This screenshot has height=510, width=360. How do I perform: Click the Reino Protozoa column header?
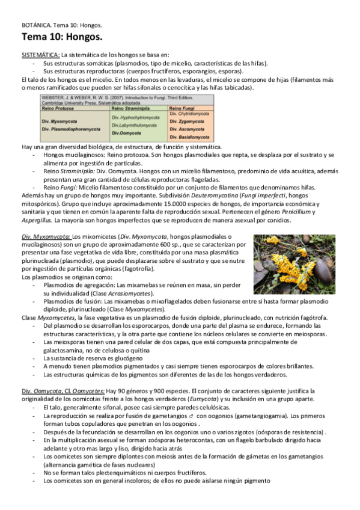(62, 108)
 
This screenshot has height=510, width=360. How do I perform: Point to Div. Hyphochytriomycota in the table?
(139, 117)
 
